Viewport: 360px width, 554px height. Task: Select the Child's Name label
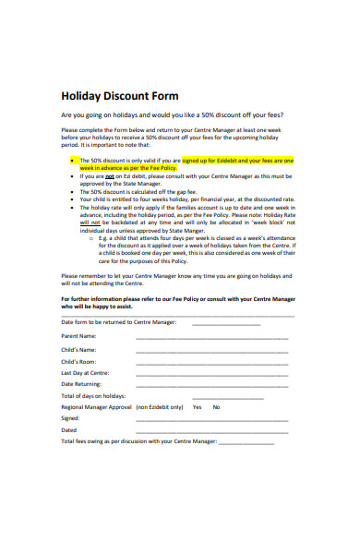pos(78,350)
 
